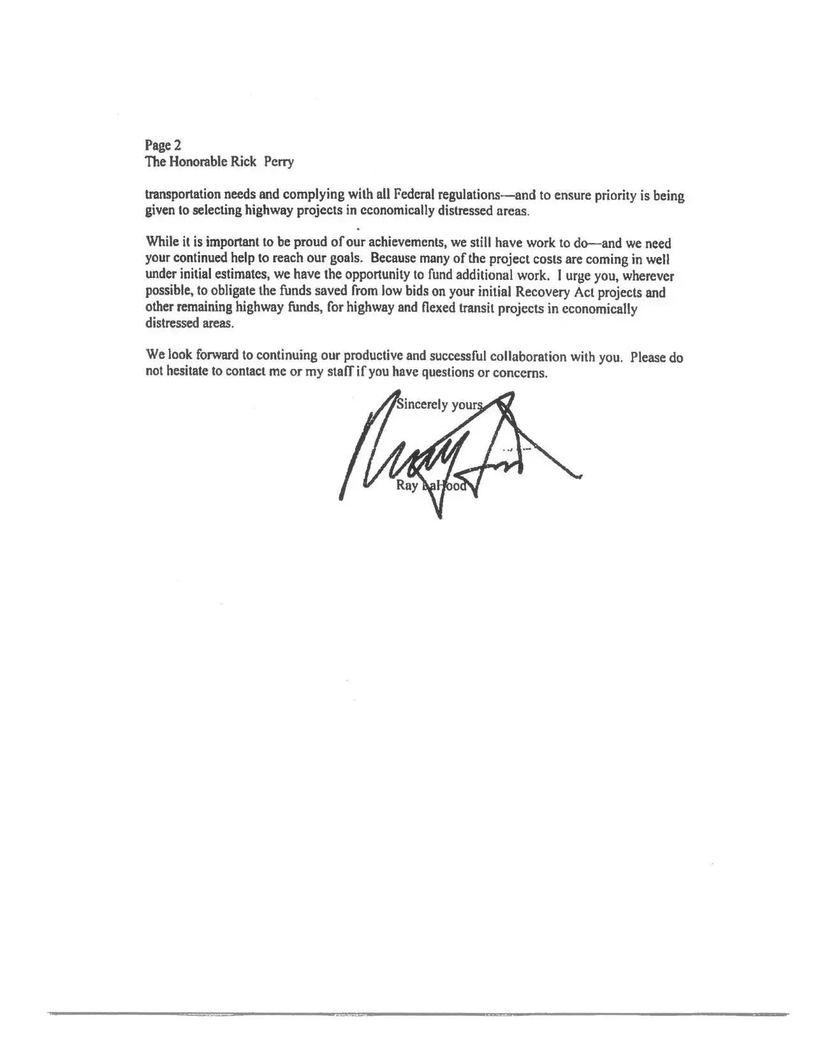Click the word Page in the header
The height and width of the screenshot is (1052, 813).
[x=155, y=146]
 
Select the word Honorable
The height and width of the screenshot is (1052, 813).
[x=198, y=161]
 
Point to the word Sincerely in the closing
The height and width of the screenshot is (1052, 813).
[x=422, y=404]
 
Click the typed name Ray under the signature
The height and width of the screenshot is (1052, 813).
[x=406, y=486]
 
